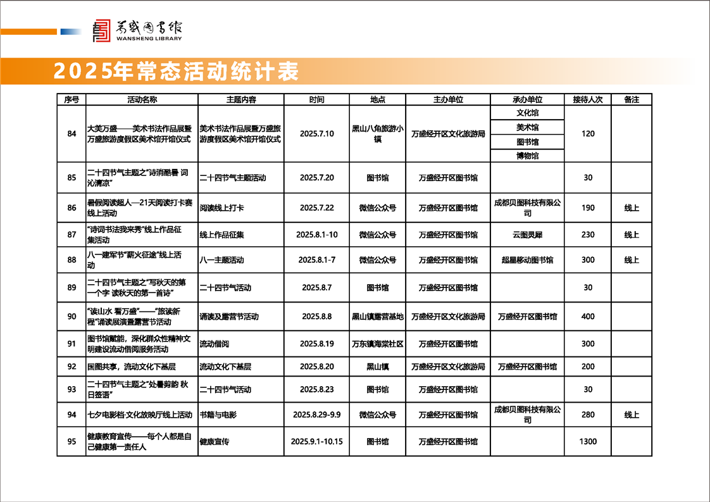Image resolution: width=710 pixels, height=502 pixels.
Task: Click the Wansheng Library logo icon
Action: [101, 30]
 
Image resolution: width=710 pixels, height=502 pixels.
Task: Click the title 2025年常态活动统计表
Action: [176, 72]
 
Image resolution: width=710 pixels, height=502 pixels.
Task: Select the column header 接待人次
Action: [588, 100]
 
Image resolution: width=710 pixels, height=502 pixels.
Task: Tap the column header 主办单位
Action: [448, 100]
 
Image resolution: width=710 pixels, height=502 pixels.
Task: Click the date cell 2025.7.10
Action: [316, 134]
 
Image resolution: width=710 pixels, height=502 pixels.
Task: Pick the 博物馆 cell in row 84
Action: [527, 156]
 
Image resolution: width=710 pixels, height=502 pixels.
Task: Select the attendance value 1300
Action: [588, 441]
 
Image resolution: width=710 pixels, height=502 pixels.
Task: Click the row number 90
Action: [72, 316]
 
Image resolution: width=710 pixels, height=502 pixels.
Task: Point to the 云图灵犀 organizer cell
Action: [527, 235]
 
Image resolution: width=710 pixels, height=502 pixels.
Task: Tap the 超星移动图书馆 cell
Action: [527, 260]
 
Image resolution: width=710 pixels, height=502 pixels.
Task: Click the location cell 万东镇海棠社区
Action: [378, 344]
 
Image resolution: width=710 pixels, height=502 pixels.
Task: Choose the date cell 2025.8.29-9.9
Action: [316, 415]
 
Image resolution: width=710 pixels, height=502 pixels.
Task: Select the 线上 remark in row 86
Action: [632, 208]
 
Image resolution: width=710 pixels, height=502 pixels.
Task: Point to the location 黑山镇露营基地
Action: [378, 316]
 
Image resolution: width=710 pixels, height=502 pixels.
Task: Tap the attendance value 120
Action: [588, 134]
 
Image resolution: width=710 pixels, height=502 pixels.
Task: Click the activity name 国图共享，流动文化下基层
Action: [131, 367]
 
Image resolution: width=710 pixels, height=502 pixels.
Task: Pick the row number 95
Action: [72, 441]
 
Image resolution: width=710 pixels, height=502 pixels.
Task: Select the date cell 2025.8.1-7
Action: [316, 260]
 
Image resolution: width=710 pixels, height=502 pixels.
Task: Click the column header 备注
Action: [632, 100]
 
